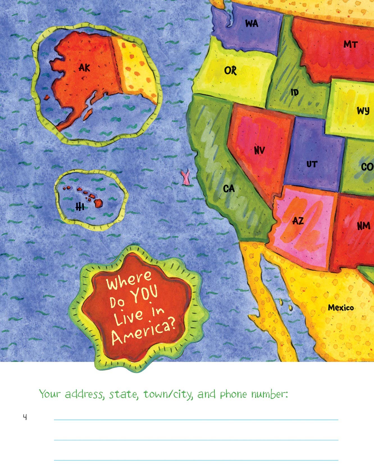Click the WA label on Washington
pyautogui.click(x=252, y=23)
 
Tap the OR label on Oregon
pyautogui.click(x=231, y=71)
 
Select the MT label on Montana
pyautogui.click(x=350, y=44)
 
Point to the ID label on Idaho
pyautogui.click(x=295, y=92)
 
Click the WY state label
pyautogui.click(x=363, y=111)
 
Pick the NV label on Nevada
pyautogui.click(x=259, y=150)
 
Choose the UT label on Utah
pyautogui.click(x=312, y=164)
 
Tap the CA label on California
pyautogui.click(x=229, y=188)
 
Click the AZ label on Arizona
pyautogui.click(x=298, y=221)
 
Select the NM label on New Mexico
pyautogui.click(x=363, y=226)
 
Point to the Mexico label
pyautogui.click(x=341, y=307)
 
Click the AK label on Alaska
pyautogui.click(x=84, y=67)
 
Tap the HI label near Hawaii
pyautogui.click(x=80, y=207)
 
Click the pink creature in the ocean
pyautogui.click(x=185, y=177)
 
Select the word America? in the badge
pyautogui.click(x=143, y=332)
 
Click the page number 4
pyautogui.click(x=25, y=417)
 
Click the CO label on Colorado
pyautogui.click(x=367, y=167)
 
